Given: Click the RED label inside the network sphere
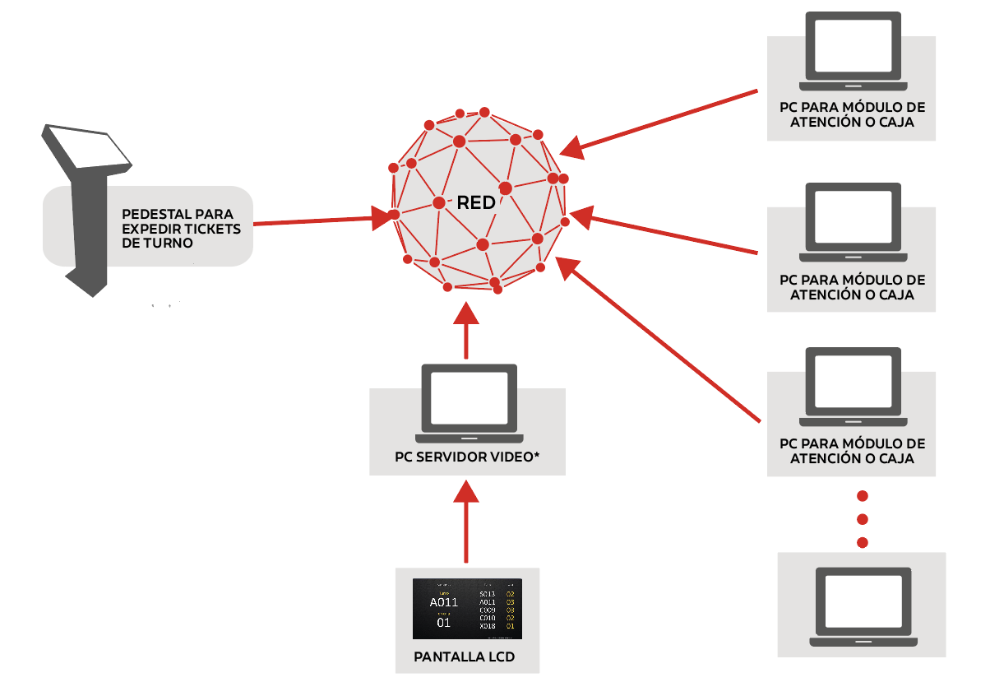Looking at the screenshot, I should (x=476, y=202).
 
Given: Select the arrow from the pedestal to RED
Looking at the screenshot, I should (x=321, y=220).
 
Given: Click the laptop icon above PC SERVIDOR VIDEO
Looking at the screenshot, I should (x=467, y=401).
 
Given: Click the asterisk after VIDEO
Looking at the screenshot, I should (x=537, y=456).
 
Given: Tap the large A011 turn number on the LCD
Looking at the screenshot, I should (x=444, y=602).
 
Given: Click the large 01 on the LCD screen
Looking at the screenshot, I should (x=444, y=623).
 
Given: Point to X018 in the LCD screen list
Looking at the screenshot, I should (x=488, y=627).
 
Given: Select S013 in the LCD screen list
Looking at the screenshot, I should (x=488, y=594).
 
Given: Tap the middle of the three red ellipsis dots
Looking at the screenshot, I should (x=863, y=519).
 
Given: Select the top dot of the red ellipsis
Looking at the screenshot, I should (x=863, y=496).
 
